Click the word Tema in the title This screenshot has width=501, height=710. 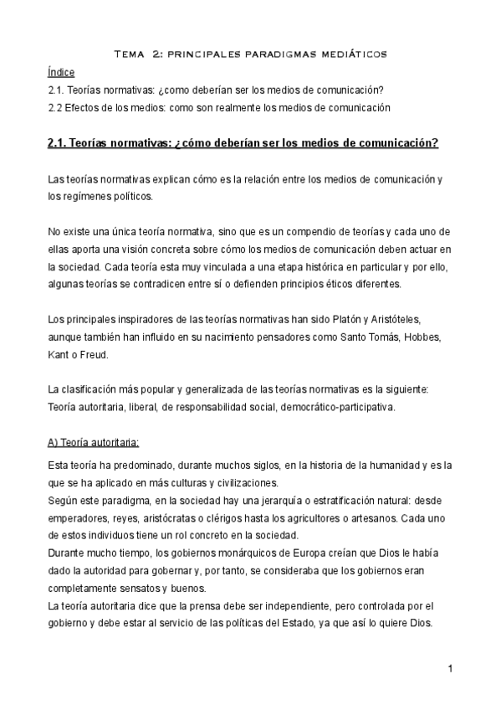(x=130, y=54)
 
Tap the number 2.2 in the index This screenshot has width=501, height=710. (x=56, y=108)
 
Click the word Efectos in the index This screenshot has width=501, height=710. (x=87, y=108)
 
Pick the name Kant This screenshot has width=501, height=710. (x=61, y=354)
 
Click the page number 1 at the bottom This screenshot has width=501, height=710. (x=449, y=668)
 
